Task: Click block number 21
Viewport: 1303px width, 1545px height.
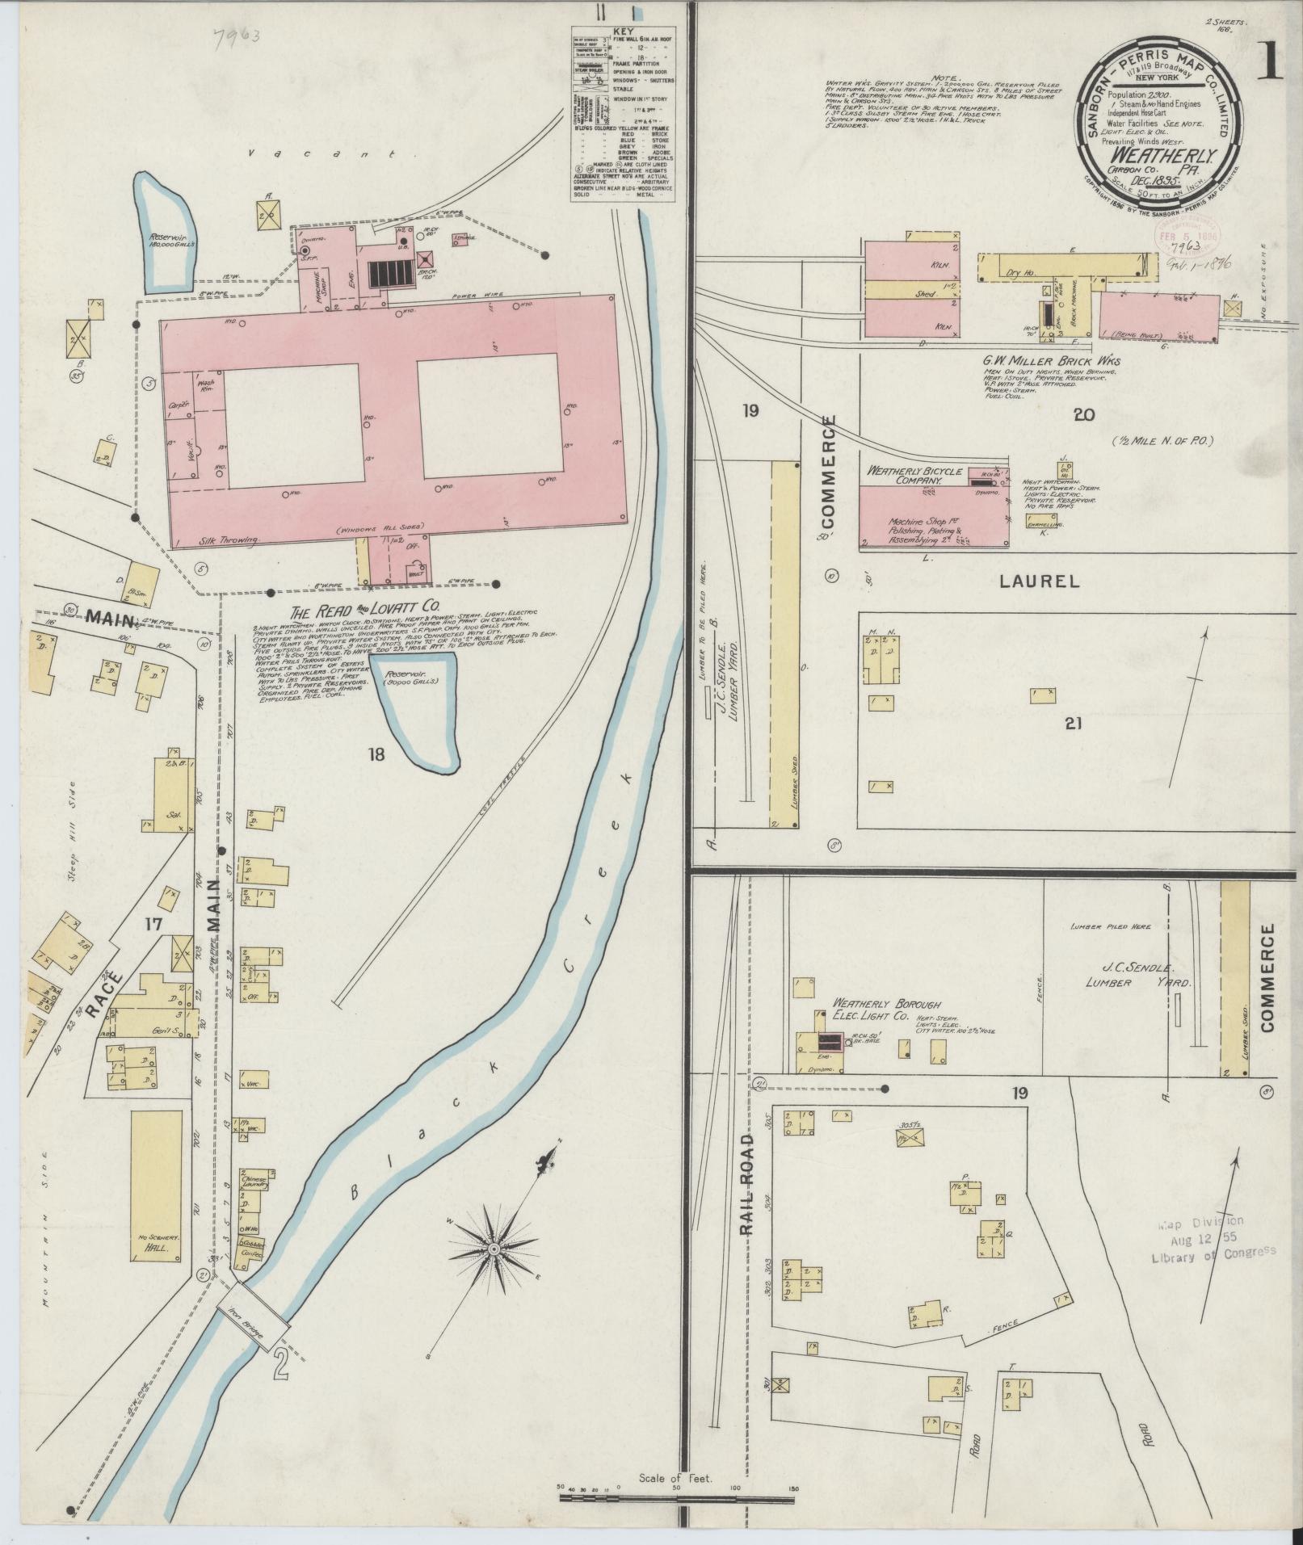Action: tap(1072, 724)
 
